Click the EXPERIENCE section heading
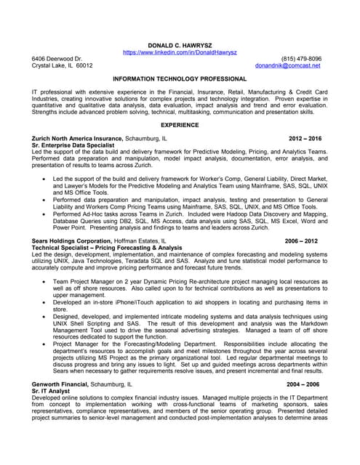[x=180, y=125]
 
